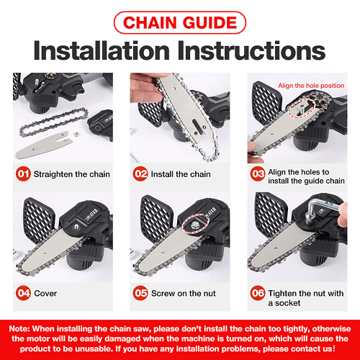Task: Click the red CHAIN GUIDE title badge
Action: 180,22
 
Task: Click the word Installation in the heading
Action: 102,50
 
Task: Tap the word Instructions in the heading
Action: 251,50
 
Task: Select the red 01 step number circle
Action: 23,174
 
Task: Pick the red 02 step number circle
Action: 140,174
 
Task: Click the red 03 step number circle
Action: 258,174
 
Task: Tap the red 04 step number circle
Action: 23,293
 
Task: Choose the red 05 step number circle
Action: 140,293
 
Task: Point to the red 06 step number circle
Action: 258,293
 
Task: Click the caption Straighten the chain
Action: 72,174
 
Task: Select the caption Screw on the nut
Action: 184,293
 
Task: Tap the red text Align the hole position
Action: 311,86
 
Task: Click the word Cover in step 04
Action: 45,293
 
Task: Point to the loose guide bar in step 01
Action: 45,145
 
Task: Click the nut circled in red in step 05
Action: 194,225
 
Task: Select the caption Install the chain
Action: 181,174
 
